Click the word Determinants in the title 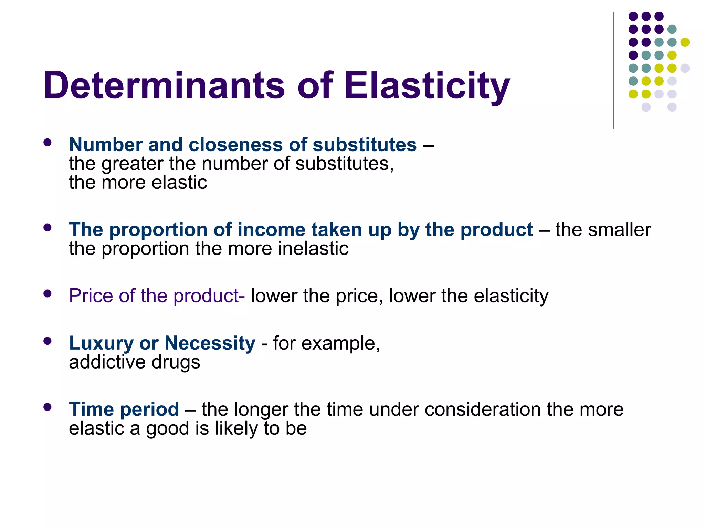164,85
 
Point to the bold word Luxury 101,343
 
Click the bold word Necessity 210,343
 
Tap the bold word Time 91,409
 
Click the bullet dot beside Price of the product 48,293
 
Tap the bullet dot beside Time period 48,407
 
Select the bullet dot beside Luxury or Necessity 48,341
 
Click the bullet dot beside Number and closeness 48,142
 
